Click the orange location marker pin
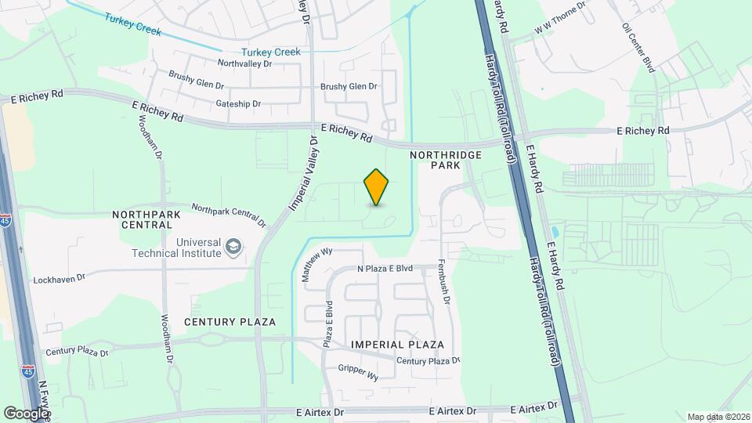(x=377, y=187)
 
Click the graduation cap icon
(x=233, y=248)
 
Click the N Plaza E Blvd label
(x=385, y=269)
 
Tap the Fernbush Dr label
(x=444, y=281)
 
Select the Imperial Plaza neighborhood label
(x=397, y=345)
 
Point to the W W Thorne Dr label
(x=561, y=19)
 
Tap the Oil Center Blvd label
(x=638, y=47)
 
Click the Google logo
(x=26, y=413)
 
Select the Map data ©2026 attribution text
(x=718, y=417)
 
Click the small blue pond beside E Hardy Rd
(x=555, y=233)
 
